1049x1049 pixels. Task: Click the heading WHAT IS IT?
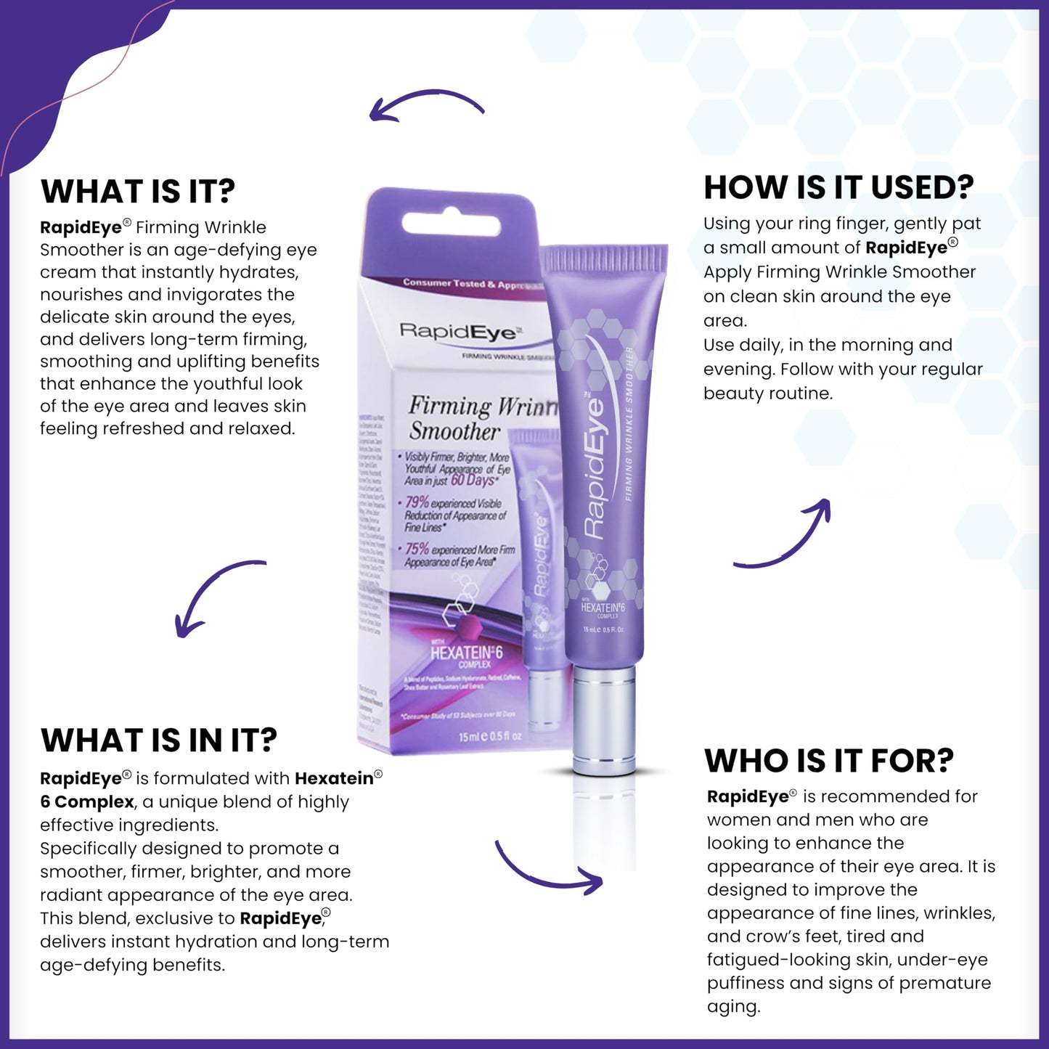click(x=138, y=192)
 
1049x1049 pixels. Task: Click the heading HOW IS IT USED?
click(x=838, y=187)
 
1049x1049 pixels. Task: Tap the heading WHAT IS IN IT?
click(x=159, y=740)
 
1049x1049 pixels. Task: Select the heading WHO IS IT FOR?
click(x=828, y=761)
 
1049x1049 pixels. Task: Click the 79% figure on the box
click(x=417, y=502)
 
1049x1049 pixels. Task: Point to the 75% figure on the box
click(x=417, y=549)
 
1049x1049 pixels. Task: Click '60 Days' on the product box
click(x=473, y=481)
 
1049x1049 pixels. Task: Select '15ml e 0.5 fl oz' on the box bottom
click(x=489, y=736)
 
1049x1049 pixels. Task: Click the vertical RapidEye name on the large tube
click(x=595, y=468)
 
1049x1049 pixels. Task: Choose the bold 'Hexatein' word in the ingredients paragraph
click(x=334, y=779)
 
